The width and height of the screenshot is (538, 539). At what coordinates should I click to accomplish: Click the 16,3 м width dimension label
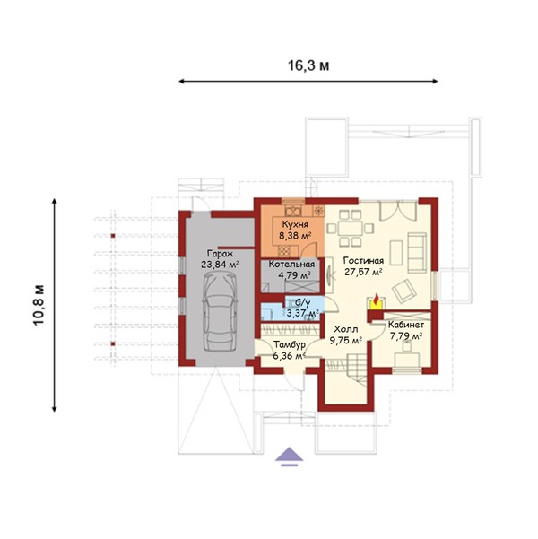tap(308, 65)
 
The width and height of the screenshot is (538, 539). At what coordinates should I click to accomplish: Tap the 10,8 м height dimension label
tap(39, 305)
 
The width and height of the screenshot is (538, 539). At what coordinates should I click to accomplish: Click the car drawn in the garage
tap(220, 311)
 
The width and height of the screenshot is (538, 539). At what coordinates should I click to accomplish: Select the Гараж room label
tap(220, 254)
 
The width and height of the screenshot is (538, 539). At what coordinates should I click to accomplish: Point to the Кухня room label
tap(295, 224)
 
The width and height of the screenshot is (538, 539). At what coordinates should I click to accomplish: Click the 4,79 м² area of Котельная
tap(294, 275)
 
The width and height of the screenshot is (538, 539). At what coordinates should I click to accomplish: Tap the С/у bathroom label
tap(303, 303)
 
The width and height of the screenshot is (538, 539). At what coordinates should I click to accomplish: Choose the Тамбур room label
tap(290, 344)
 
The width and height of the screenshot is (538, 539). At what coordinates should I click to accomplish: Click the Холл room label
tap(346, 329)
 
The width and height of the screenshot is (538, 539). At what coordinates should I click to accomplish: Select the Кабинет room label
tap(405, 325)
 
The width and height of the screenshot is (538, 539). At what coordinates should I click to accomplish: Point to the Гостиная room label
tap(363, 261)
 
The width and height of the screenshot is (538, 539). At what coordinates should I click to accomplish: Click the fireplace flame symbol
tap(377, 299)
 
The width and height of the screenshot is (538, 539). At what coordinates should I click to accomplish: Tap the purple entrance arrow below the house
tap(290, 456)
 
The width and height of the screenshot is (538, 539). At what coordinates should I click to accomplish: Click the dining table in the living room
tap(351, 229)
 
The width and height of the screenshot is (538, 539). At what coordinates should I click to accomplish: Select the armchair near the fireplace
tap(404, 291)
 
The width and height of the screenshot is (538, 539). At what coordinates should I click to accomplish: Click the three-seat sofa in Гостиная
tap(417, 252)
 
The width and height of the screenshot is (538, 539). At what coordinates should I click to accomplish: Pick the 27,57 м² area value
tap(364, 272)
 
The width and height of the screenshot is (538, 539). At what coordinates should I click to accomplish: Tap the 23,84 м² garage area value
tap(220, 265)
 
